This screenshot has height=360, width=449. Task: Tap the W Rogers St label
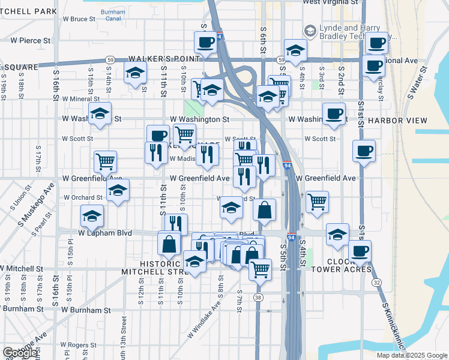(x=78, y=345)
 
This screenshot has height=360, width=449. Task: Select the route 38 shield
(x=258, y=298)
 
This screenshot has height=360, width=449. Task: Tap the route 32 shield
(x=376, y=282)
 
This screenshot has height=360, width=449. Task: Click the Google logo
(x=20, y=353)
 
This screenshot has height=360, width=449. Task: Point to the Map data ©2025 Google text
(x=412, y=355)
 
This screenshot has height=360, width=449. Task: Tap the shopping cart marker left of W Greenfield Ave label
(x=105, y=161)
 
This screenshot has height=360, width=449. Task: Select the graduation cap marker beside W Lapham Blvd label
(x=92, y=215)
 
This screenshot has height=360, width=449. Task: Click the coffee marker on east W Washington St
(x=334, y=113)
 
